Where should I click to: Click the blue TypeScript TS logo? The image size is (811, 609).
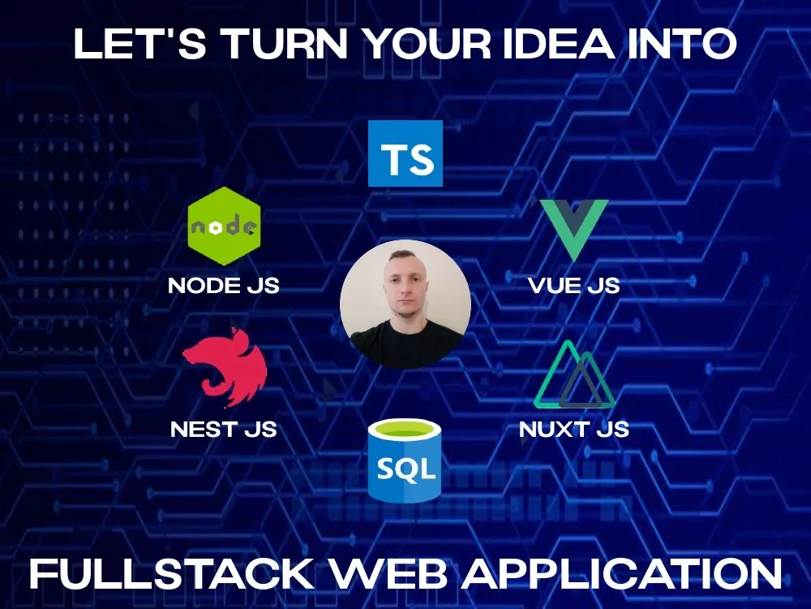[405, 153]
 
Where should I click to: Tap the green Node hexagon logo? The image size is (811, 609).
[224, 227]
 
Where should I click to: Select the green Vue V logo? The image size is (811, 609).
[574, 231]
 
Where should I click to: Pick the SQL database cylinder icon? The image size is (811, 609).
[405, 461]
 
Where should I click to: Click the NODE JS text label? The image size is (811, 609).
[224, 285]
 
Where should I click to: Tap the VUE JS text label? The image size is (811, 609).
[574, 285]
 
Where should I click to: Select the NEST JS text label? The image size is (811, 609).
[224, 430]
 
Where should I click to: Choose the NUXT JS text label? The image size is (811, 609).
[574, 430]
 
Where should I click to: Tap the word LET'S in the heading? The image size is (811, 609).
[140, 44]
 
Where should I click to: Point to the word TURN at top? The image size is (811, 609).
[286, 44]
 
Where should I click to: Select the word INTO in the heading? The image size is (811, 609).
[682, 44]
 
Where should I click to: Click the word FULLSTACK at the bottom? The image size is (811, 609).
[172, 573]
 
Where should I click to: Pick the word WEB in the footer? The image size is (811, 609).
[388, 573]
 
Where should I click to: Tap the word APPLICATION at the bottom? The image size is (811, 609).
[622, 573]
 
